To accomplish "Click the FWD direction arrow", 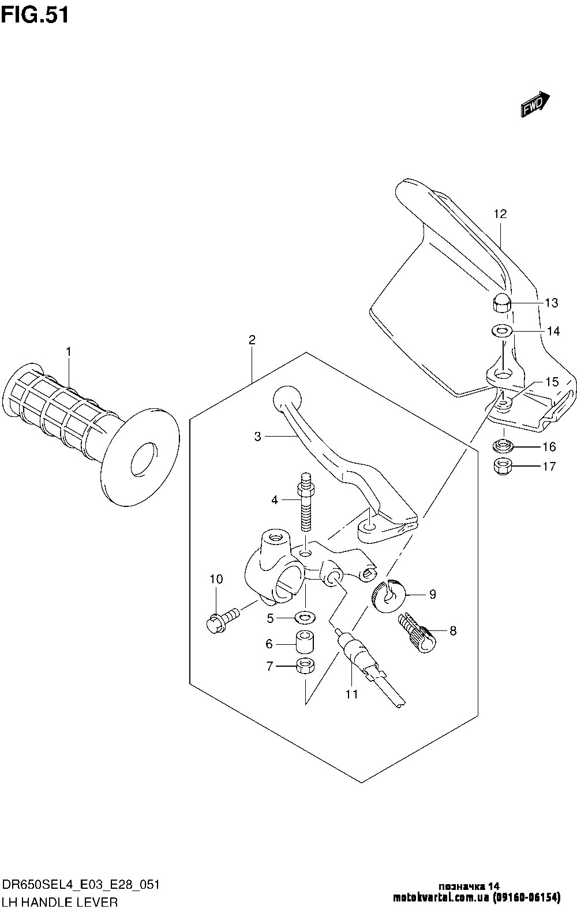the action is [535, 104].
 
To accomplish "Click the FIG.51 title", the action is [35, 16].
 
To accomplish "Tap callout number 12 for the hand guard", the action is [500, 213].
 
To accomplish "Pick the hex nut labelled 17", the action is [503, 465].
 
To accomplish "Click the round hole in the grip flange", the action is [144, 458].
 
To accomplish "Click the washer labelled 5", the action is [305, 618].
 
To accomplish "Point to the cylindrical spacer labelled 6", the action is [305, 643].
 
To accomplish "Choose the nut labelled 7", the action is [305, 666].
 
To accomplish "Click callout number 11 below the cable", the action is [352, 694].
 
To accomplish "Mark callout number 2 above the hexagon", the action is [252, 340].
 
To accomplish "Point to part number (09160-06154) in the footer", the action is [526, 897].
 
